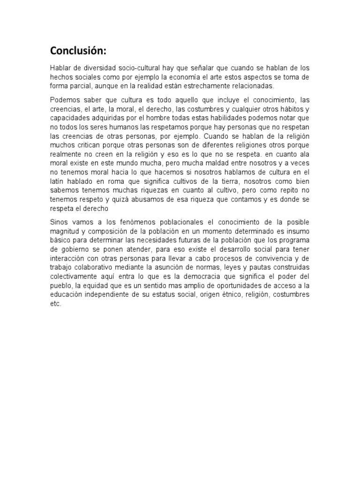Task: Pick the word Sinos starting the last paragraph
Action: click(59, 221)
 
